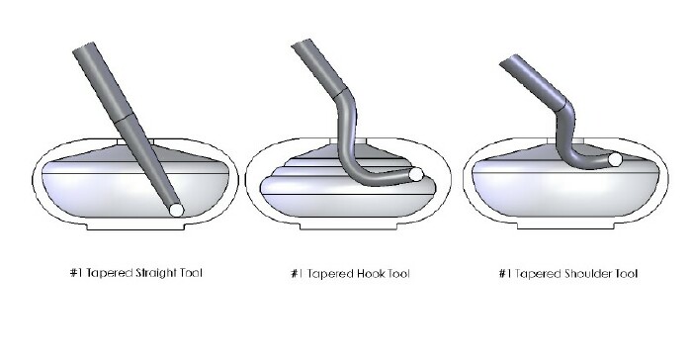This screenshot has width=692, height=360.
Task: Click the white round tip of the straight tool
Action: click(x=176, y=210)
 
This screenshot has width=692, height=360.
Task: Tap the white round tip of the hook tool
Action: click(x=416, y=174)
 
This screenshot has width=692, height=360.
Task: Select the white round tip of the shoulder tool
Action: click(x=615, y=159)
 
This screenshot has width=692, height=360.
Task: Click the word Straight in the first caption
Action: click(x=152, y=273)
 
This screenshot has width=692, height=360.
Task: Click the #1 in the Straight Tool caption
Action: click(x=76, y=273)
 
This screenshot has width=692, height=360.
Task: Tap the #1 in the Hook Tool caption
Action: click(x=297, y=274)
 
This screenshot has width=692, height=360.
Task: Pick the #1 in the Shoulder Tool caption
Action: click(x=505, y=274)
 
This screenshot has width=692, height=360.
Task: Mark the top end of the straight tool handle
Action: click(x=83, y=46)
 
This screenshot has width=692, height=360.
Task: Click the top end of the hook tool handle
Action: click(x=302, y=44)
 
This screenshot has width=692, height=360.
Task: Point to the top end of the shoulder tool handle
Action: click(x=508, y=59)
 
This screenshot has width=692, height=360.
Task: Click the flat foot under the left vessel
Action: click(x=135, y=225)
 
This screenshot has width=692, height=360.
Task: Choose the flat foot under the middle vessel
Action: click(x=348, y=225)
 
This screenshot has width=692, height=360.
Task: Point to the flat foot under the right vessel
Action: click(x=565, y=225)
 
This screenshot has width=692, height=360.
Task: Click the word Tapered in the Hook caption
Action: click(x=329, y=274)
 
